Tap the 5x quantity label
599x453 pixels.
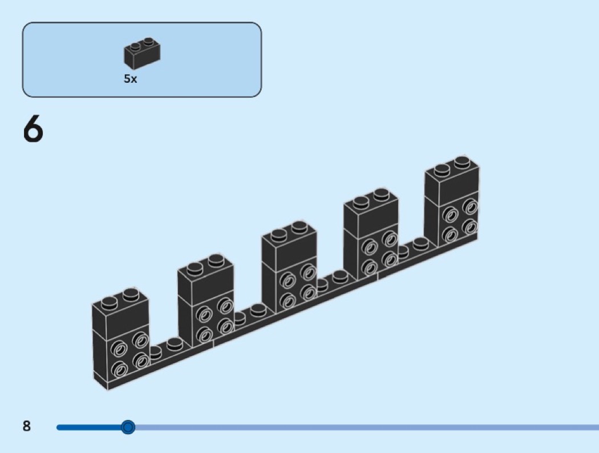click(x=131, y=79)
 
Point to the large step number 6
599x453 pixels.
click(x=33, y=130)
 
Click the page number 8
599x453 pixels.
click(x=27, y=426)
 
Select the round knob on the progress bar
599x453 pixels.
click(x=128, y=427)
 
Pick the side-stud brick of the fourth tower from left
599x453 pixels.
click(x=377, y=255)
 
